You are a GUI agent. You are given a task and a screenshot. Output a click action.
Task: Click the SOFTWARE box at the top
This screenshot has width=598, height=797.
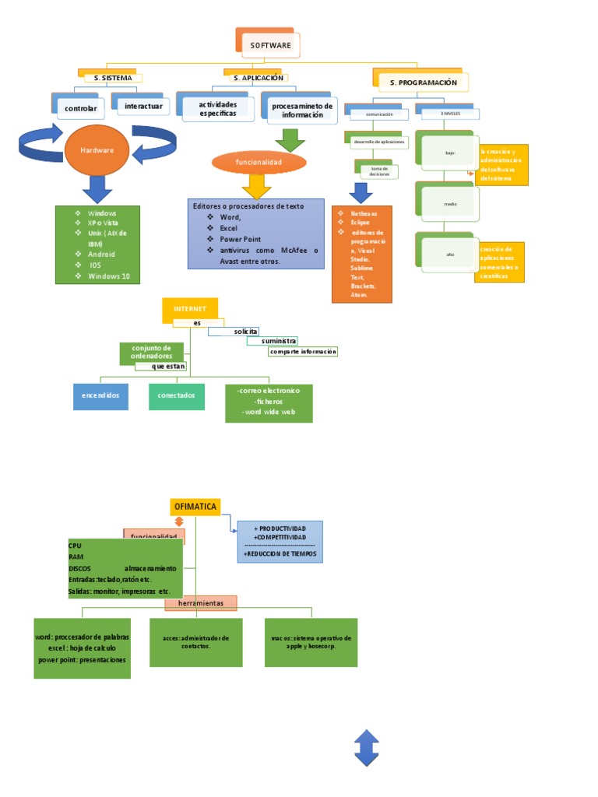tap(270, 45)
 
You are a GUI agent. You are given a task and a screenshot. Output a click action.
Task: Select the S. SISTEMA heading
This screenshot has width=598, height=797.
tap(112, 78)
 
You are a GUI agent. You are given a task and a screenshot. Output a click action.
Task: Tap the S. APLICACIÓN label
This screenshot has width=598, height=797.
tap(258, 78)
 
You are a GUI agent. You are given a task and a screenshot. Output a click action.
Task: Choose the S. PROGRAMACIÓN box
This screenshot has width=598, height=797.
tap(423, 82)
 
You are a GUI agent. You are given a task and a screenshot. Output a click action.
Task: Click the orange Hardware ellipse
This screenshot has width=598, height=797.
tap(98, 149)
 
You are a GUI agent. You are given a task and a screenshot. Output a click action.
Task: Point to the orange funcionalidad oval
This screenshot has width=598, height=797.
tap(258, 163)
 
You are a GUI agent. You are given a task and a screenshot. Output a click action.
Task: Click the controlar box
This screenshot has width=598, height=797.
tap(81, 108)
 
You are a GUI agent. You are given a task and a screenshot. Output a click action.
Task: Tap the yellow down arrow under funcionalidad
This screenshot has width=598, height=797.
tap(256, 186)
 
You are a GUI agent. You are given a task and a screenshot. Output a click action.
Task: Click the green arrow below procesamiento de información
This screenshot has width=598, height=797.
tap(290, 139)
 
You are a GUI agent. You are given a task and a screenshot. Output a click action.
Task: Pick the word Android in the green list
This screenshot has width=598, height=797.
tap(101, 254)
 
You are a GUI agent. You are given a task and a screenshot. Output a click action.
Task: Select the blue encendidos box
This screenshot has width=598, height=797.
tap(100, 395)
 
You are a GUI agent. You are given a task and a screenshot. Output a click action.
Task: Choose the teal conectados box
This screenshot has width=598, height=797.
tap(176, 395)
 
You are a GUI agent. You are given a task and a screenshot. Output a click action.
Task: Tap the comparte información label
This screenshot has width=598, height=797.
tap(303, 352)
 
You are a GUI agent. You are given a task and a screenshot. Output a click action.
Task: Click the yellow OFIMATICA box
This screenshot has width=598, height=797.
tap(195, 507)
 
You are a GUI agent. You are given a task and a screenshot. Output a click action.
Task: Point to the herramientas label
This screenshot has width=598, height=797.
tap(200, 603)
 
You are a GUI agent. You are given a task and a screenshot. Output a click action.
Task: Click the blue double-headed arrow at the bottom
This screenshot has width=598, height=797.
tap(366, 748)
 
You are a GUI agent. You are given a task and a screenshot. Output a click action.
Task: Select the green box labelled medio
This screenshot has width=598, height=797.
tap(449, 204)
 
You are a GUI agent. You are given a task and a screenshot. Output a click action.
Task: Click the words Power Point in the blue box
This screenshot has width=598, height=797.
tap(240, 239)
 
